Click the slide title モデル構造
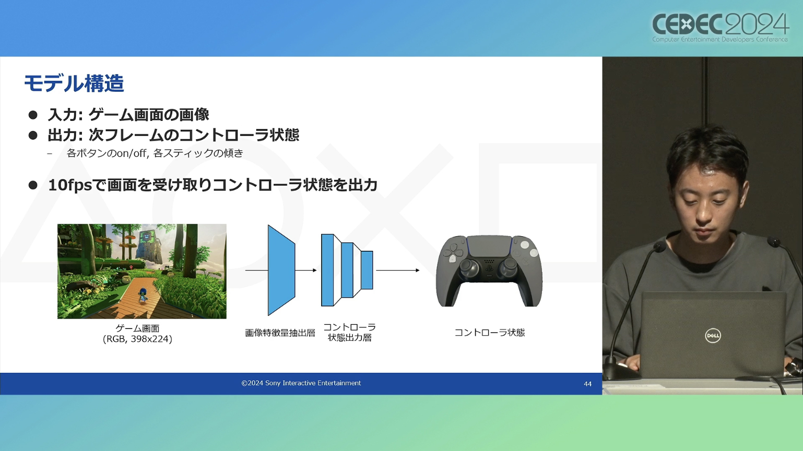(x=74, y=83)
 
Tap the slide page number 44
(x=587, y=384)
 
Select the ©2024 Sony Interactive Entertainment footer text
(x=301, y=383)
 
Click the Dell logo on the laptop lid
(x=713, y=336)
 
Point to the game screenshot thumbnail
(x=142, y=271)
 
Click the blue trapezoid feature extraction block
(x=281, y=270)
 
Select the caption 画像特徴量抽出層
(x=280, y=333)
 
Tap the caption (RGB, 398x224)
(x=138, y=339)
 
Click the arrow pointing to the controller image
(x=397, y=270)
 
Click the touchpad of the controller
(x=489, y=246)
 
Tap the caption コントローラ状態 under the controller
(x=490, y=333)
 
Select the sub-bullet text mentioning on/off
(x=155, y=153)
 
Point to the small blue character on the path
(x=143, y=296)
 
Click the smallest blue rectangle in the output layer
(x=367, y=270)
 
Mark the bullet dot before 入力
(x=33, y=115)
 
